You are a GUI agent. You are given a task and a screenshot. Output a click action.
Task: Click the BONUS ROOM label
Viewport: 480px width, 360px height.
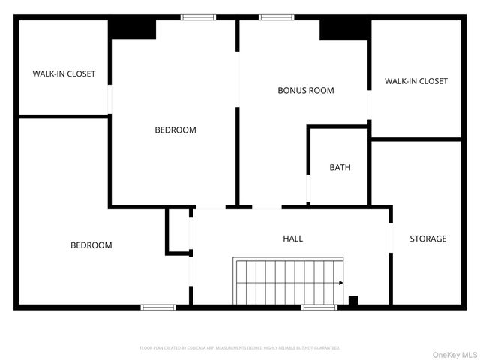coord(305,90)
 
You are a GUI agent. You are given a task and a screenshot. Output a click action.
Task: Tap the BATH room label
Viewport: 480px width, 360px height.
coord(340,167)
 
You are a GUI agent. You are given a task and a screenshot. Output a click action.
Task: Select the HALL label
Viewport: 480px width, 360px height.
coord(292,238)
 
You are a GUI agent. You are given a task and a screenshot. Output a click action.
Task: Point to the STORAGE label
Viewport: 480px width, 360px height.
coord(427,238)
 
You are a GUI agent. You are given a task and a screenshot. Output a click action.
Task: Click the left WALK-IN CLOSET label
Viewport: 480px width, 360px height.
coord(64,73)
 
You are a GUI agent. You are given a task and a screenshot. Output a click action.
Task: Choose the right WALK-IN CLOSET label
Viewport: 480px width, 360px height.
coord(415,81)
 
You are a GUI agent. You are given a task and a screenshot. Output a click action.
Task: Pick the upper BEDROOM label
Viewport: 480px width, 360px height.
coord(175,130)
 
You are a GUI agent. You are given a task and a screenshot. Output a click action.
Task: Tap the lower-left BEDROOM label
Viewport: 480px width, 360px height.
coord(91,244)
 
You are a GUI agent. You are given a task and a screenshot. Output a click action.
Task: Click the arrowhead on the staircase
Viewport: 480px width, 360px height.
coord(341,283)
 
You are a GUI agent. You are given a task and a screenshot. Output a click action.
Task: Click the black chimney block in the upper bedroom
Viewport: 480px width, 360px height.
coord(133,28)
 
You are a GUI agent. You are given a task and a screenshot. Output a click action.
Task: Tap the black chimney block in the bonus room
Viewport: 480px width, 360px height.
coord(345,29)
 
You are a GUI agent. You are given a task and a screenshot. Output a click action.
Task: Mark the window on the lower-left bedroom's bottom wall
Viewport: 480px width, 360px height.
coord(159,306)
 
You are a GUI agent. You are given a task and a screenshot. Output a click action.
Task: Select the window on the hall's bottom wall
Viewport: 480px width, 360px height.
coord(319,306)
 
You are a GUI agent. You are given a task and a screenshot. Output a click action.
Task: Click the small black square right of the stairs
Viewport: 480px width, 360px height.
coord(353,300)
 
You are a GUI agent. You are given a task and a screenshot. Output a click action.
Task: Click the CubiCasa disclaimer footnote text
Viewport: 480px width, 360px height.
coord(240,348)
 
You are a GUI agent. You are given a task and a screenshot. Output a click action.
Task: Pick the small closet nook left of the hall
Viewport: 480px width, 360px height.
coord(178,232)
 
